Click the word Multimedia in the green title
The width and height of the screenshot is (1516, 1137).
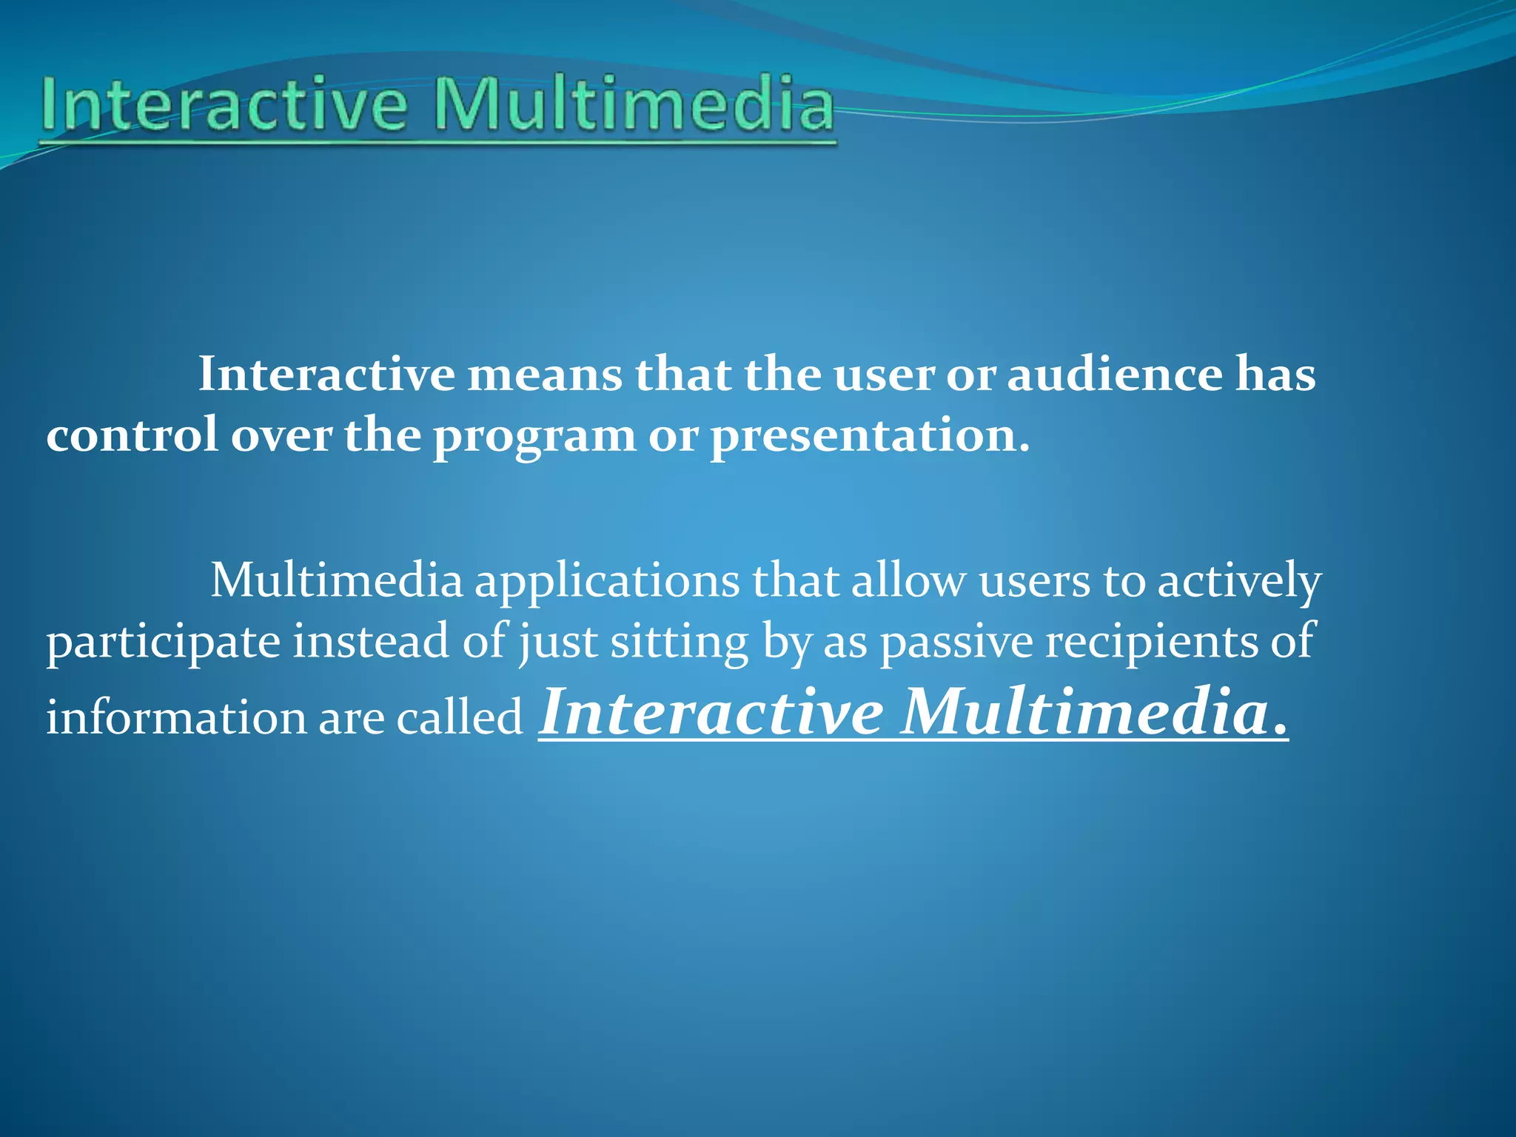tap(634, 105)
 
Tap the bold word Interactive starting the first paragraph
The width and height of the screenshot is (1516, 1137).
tap(326, 375)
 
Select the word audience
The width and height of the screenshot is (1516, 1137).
tap(1114, 375)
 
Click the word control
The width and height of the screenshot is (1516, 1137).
tap(132, 435)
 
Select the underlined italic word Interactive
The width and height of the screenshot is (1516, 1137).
tap(711, 712)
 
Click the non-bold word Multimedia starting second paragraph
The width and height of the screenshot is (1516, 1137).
tap(337, 581)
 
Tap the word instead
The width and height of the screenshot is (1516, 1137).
tap(371, 641)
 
